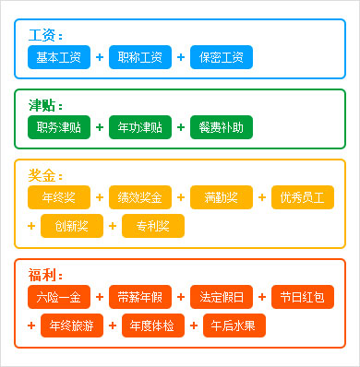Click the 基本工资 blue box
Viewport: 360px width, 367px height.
click(x=58, y=57)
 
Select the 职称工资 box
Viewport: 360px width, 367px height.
click(x=139, y=57)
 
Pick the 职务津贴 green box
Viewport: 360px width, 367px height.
click(x=58, y=127)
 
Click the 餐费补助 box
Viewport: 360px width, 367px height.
click(x=221, y=127)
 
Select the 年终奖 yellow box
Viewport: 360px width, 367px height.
click(x=58, y=197)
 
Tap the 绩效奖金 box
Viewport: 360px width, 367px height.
click(x=139, y=197)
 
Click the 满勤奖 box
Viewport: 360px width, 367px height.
click(x=221, y=197)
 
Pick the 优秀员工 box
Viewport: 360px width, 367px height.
click(x=303, y=197)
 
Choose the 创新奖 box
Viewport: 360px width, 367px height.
click(x=71, y=226)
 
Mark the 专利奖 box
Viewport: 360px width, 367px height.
click(x=152, y=226)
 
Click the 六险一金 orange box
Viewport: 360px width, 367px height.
click(x=58, y=297)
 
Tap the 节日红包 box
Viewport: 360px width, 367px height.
click(x=303, y=297)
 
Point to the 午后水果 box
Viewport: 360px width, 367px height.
click(x=234, y=326)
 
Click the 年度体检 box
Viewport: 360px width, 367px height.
click(x=152, y=326)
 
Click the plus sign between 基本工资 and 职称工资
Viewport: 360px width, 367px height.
click(x=99, y=57)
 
